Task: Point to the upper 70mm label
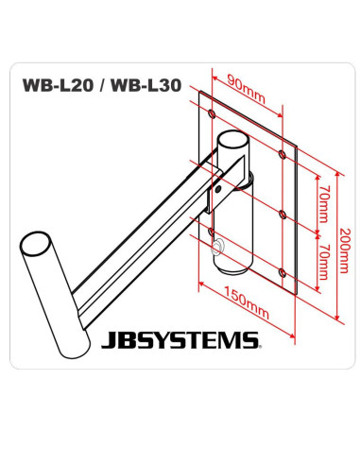tap(319, 201)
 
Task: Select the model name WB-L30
tap(148, 83)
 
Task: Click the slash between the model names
tap(104, 83)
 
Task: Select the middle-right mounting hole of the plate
tap(283, 212)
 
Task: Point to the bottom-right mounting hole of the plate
tap(283, 274)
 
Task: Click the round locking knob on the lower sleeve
tap(219, 249)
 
